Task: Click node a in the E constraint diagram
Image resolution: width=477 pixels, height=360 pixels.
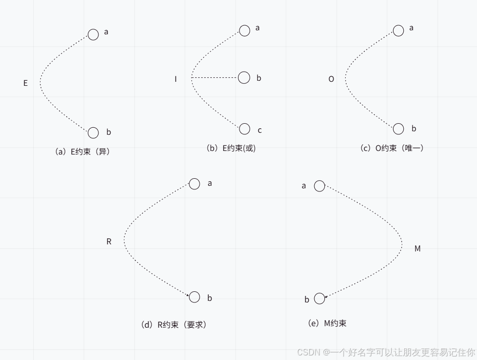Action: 93,34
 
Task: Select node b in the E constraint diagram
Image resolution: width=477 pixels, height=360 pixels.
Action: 93,133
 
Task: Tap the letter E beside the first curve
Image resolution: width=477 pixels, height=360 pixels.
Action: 26,83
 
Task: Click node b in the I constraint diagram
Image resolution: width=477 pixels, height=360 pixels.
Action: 244,78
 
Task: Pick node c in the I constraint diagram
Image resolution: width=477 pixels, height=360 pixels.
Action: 245,129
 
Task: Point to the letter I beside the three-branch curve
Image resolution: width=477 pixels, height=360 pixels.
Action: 176,79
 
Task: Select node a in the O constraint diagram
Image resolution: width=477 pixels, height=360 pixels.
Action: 398,30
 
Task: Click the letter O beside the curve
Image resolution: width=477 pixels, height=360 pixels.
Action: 331,79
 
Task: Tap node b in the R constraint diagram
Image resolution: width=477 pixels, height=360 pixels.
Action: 195,297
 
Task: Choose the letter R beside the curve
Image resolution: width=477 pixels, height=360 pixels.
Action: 109,242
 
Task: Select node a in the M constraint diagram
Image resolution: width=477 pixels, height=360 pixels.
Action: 319,186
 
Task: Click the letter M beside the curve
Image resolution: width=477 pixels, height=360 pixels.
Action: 417,249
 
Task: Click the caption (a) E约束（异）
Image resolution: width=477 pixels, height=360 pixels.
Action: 82,151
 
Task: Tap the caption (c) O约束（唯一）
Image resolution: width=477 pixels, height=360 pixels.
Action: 392,148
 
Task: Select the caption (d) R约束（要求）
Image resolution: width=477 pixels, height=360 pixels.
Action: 174,325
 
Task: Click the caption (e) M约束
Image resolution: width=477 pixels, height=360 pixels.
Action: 327,323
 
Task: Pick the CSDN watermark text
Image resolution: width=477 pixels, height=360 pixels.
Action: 386,352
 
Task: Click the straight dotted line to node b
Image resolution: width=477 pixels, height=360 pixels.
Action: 215,78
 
